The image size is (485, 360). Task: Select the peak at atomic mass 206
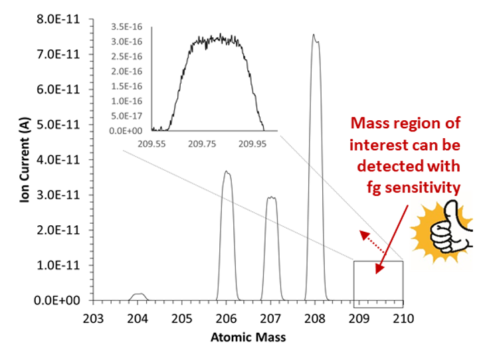point(227,176)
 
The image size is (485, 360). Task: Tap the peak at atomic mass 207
point(271,199)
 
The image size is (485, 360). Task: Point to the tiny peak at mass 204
point(138,294)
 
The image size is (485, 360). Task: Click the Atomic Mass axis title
point(248,337)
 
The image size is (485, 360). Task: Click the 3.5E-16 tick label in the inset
point(132,27)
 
